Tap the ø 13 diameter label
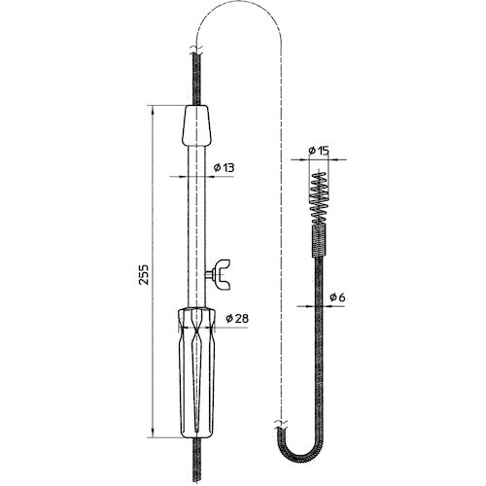223,167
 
